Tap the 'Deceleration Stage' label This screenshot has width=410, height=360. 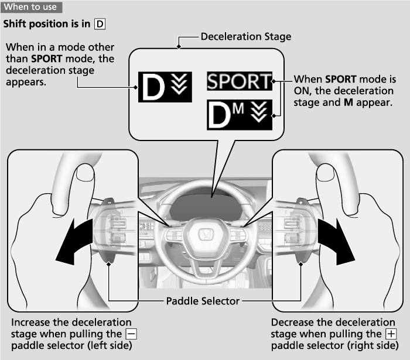(x=245, y=37)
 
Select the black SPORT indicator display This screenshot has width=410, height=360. (x=240, y=81)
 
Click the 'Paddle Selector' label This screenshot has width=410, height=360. (x=203, y=301)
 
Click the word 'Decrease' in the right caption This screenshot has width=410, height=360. (x=292, y=323)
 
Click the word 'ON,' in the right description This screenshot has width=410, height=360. (x=304, y=91)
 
